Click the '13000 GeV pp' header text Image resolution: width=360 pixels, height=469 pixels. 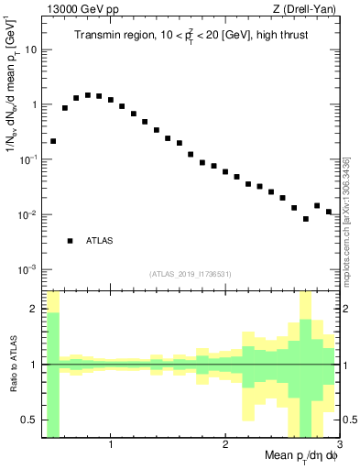coord(82,9)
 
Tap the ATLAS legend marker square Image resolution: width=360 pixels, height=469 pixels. coord(70,241)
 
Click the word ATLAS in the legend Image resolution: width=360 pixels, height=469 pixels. coord(100,241)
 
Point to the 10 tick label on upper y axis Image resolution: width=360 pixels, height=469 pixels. coord(30,49)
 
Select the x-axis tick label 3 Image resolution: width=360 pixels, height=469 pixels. coord(338,446)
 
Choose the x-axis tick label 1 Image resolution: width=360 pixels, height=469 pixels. coord(111,446)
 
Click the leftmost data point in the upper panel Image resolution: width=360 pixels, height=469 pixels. coord(53,141)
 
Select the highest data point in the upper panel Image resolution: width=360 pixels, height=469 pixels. coord(88,94)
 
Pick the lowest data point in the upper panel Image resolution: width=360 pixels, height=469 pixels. coord(306,219)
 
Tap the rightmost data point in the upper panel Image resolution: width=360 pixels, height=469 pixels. coord(328,212)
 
